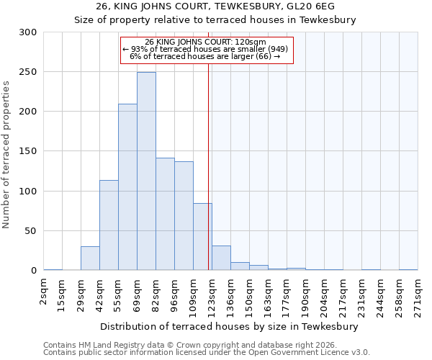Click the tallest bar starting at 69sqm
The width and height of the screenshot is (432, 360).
146,171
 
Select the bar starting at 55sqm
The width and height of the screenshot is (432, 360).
127,187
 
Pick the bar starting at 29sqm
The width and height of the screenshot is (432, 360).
90,258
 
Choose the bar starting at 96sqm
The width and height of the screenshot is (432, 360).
184,216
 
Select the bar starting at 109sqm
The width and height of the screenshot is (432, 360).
202,237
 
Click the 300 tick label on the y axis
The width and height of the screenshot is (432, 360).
27,32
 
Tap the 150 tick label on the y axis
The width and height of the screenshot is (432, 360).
27,151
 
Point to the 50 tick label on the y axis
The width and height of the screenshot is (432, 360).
30,231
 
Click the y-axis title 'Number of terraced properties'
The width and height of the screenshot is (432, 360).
6,154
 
